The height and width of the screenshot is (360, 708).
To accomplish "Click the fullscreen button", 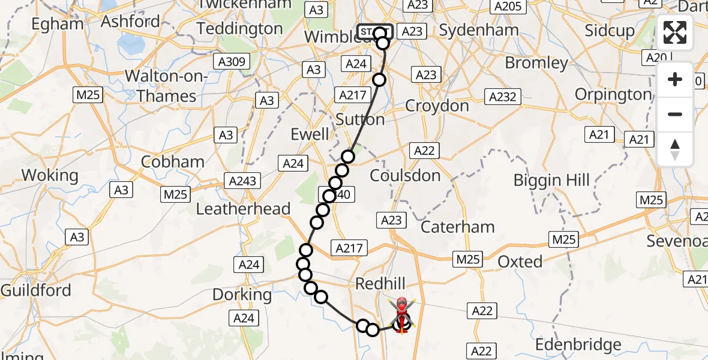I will pos(675,32).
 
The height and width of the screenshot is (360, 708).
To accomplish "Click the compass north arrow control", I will pos(675,149).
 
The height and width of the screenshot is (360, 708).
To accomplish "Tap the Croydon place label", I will pos(437,106).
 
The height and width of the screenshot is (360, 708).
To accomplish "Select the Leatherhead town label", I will pos(244,209).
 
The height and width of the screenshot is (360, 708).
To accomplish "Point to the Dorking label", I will pos(242,295).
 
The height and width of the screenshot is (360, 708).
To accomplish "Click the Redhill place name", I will pos(380,283).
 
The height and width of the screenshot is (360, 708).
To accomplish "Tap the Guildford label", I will pos(36,290).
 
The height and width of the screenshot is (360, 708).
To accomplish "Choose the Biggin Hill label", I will pos(552,180).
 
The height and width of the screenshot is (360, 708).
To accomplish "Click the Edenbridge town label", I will pos(578,345).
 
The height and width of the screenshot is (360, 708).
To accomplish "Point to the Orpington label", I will pos(613,95).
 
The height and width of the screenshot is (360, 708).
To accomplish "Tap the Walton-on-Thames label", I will pos(166,86).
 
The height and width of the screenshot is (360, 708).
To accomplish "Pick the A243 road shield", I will pos(242,181).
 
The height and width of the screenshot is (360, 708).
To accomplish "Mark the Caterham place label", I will pos(458,227).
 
